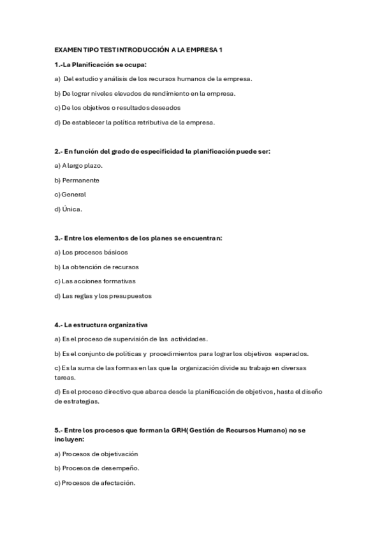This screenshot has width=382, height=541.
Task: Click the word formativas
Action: [x=118, y=281]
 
